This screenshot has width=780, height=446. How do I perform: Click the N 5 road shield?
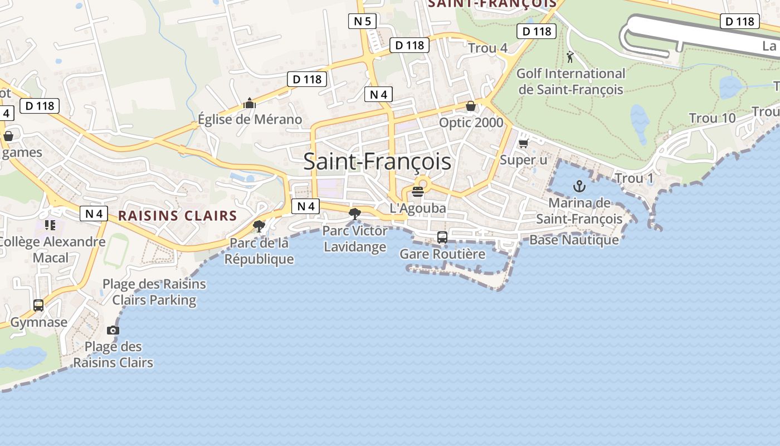[x=362, y=22]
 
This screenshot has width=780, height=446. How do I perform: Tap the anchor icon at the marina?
[x=579, y=186]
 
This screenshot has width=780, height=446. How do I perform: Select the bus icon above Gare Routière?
[x=442, y=237]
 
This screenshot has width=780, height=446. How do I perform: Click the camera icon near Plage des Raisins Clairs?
[x=113, y=330]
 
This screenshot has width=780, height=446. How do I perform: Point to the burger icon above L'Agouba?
[x=418, y=192]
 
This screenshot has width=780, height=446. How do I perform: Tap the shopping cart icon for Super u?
[x=523, y=144]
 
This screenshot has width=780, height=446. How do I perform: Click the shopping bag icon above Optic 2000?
[x=471, y=106]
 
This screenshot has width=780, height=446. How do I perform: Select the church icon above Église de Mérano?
[x=249, y=103]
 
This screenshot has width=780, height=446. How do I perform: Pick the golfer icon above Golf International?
[x=570, y=57]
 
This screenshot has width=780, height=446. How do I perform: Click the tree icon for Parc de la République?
[x=259, y=226]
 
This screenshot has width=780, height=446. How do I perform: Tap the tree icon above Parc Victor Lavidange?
[x=354, y=214]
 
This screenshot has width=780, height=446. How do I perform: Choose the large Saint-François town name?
[x=377, y=162]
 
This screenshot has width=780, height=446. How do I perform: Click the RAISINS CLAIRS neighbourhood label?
[x=178, y=216]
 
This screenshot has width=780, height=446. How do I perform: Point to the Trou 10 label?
[x=712, y=118]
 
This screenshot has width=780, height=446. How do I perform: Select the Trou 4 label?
[x=487, y=48]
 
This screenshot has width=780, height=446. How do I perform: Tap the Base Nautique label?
[x=574, y=240]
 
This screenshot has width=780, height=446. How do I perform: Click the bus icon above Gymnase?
[x=38, y=306]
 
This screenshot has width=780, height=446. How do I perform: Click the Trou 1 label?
[x=634, y=178]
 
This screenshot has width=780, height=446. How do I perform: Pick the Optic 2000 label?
[x=471, y=123]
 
